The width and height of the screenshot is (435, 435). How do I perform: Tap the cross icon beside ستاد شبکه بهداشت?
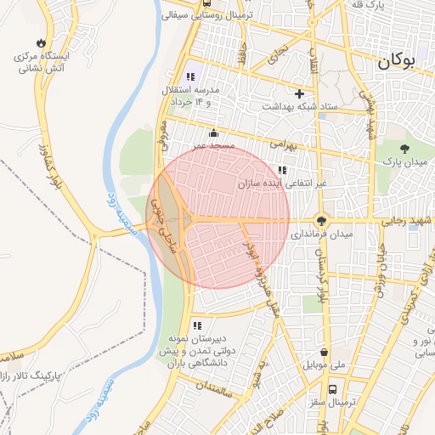[298, 93]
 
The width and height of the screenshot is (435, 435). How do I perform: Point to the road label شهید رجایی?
[404, 221]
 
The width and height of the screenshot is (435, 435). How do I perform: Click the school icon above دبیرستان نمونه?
[197, 325]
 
